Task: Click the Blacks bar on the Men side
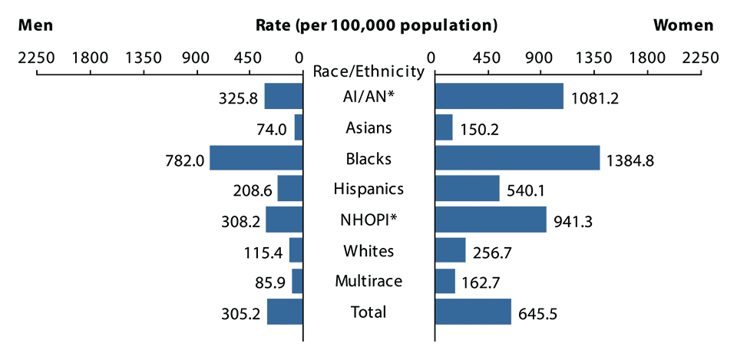pos(256,157)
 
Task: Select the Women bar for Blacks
pos(517,157)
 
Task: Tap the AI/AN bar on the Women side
pos(499,96)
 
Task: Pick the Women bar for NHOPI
pos(491,220)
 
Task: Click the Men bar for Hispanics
pos(290,188)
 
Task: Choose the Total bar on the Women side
pos(473,312)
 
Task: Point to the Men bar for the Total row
pos(285,312)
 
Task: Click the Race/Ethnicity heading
pos(368,72)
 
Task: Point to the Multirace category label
pos(368,281)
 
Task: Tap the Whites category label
pos(368,250)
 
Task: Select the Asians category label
pos(368,127)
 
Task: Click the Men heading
pos(36,25)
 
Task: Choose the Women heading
pos(683,25)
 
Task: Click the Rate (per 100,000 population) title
pos(376,25)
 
